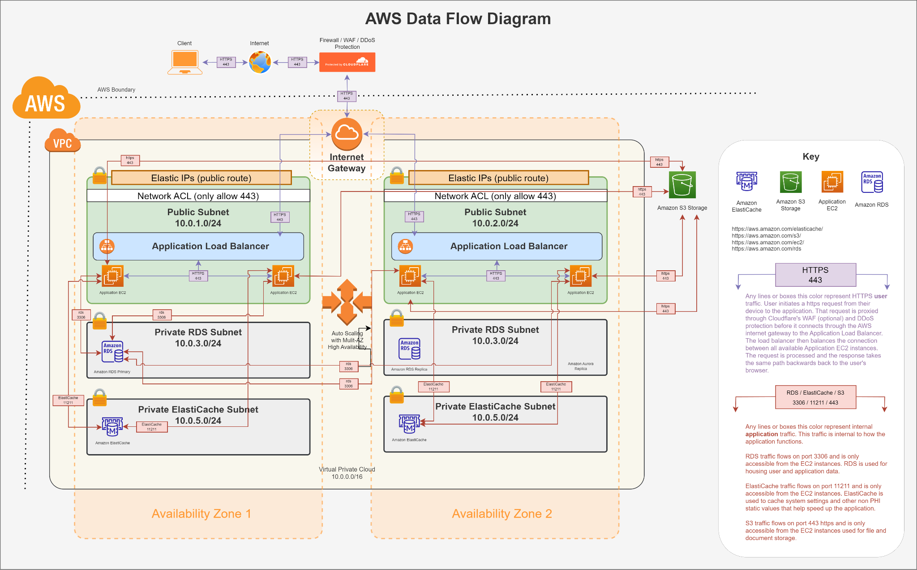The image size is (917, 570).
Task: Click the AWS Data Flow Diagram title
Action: point(458,19)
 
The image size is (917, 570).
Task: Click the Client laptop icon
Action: point(185,62)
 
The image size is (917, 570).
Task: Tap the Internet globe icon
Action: point(260,62)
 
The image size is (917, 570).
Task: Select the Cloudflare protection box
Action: point(347,62)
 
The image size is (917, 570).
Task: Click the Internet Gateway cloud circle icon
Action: point(347,133)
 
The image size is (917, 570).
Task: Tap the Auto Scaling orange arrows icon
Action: point(347,302)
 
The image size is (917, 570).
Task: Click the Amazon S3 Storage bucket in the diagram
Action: point(682,184)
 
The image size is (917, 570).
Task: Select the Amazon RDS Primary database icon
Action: point(113,352)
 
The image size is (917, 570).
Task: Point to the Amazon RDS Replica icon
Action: point(410,349)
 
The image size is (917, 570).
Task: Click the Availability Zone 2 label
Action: point(501,514)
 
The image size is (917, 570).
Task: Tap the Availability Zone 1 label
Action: point(201,514)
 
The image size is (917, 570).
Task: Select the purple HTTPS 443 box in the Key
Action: point(815,275)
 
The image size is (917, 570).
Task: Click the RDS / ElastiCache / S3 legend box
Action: point(815,397)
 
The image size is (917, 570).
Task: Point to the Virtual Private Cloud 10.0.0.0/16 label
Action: point(347,473)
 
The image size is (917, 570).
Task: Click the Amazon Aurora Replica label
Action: point(580,366)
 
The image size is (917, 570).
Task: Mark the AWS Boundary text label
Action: point(116,89)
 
